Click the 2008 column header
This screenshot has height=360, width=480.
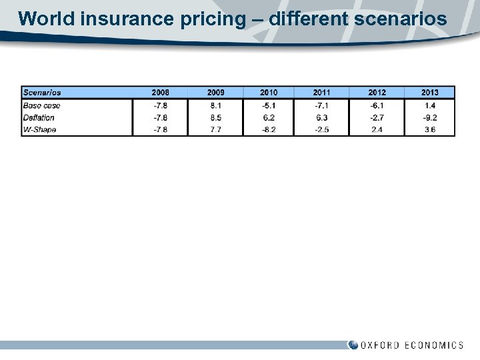(160, 93)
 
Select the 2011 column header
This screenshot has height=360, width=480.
(321, 93)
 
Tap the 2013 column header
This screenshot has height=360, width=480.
(430, 93)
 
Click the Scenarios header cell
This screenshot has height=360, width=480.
(42, 93)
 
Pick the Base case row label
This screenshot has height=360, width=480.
(41, 105)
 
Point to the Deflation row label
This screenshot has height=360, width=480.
(39, 117)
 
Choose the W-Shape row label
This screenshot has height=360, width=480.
(40, 129)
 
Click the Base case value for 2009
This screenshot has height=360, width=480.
(215, 105)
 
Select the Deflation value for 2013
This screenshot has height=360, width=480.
(430, 117)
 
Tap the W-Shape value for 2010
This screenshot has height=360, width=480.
(269, 129)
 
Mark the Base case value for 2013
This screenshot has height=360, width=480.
(430, 105)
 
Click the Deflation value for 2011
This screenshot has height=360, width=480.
(321, 117)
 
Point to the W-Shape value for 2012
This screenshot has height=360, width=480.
(377, 129)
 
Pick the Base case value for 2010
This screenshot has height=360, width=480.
(269, 105)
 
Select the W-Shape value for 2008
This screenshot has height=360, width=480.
(160, 129)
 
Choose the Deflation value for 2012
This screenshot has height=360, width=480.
(377, 117)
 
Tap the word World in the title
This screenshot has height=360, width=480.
(47, 19)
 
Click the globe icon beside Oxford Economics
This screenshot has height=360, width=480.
(353, 345)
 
